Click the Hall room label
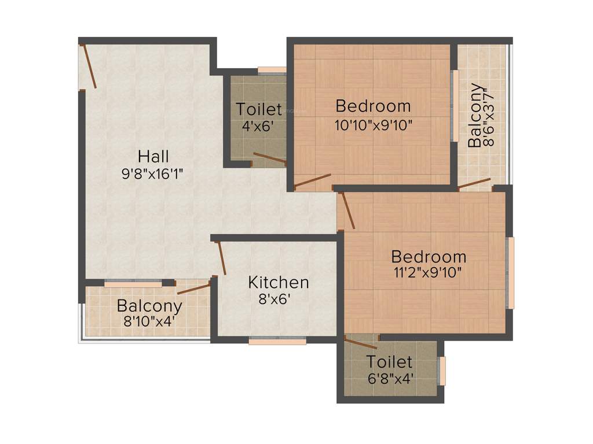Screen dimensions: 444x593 pos(153,156)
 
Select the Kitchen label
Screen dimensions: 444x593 pos(278,283)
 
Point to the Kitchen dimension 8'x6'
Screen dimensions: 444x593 pos(274,299)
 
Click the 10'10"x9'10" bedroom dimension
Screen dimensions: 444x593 pos(374,124)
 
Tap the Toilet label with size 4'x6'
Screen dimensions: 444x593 pos(259,109)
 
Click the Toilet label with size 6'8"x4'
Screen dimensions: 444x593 pos(389,362)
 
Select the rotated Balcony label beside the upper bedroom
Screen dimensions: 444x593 pos(474,115)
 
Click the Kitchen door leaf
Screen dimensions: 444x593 pos(221,258)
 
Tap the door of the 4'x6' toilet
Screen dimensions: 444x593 pos(269,158)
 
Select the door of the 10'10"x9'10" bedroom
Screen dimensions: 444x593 pos(313,180)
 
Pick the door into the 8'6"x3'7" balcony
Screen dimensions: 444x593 pos(474,184)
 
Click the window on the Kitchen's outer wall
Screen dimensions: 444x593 pos(277,341)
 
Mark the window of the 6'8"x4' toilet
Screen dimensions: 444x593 pos(442,371)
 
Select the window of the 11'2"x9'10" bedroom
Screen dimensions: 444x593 pos(510,272)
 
